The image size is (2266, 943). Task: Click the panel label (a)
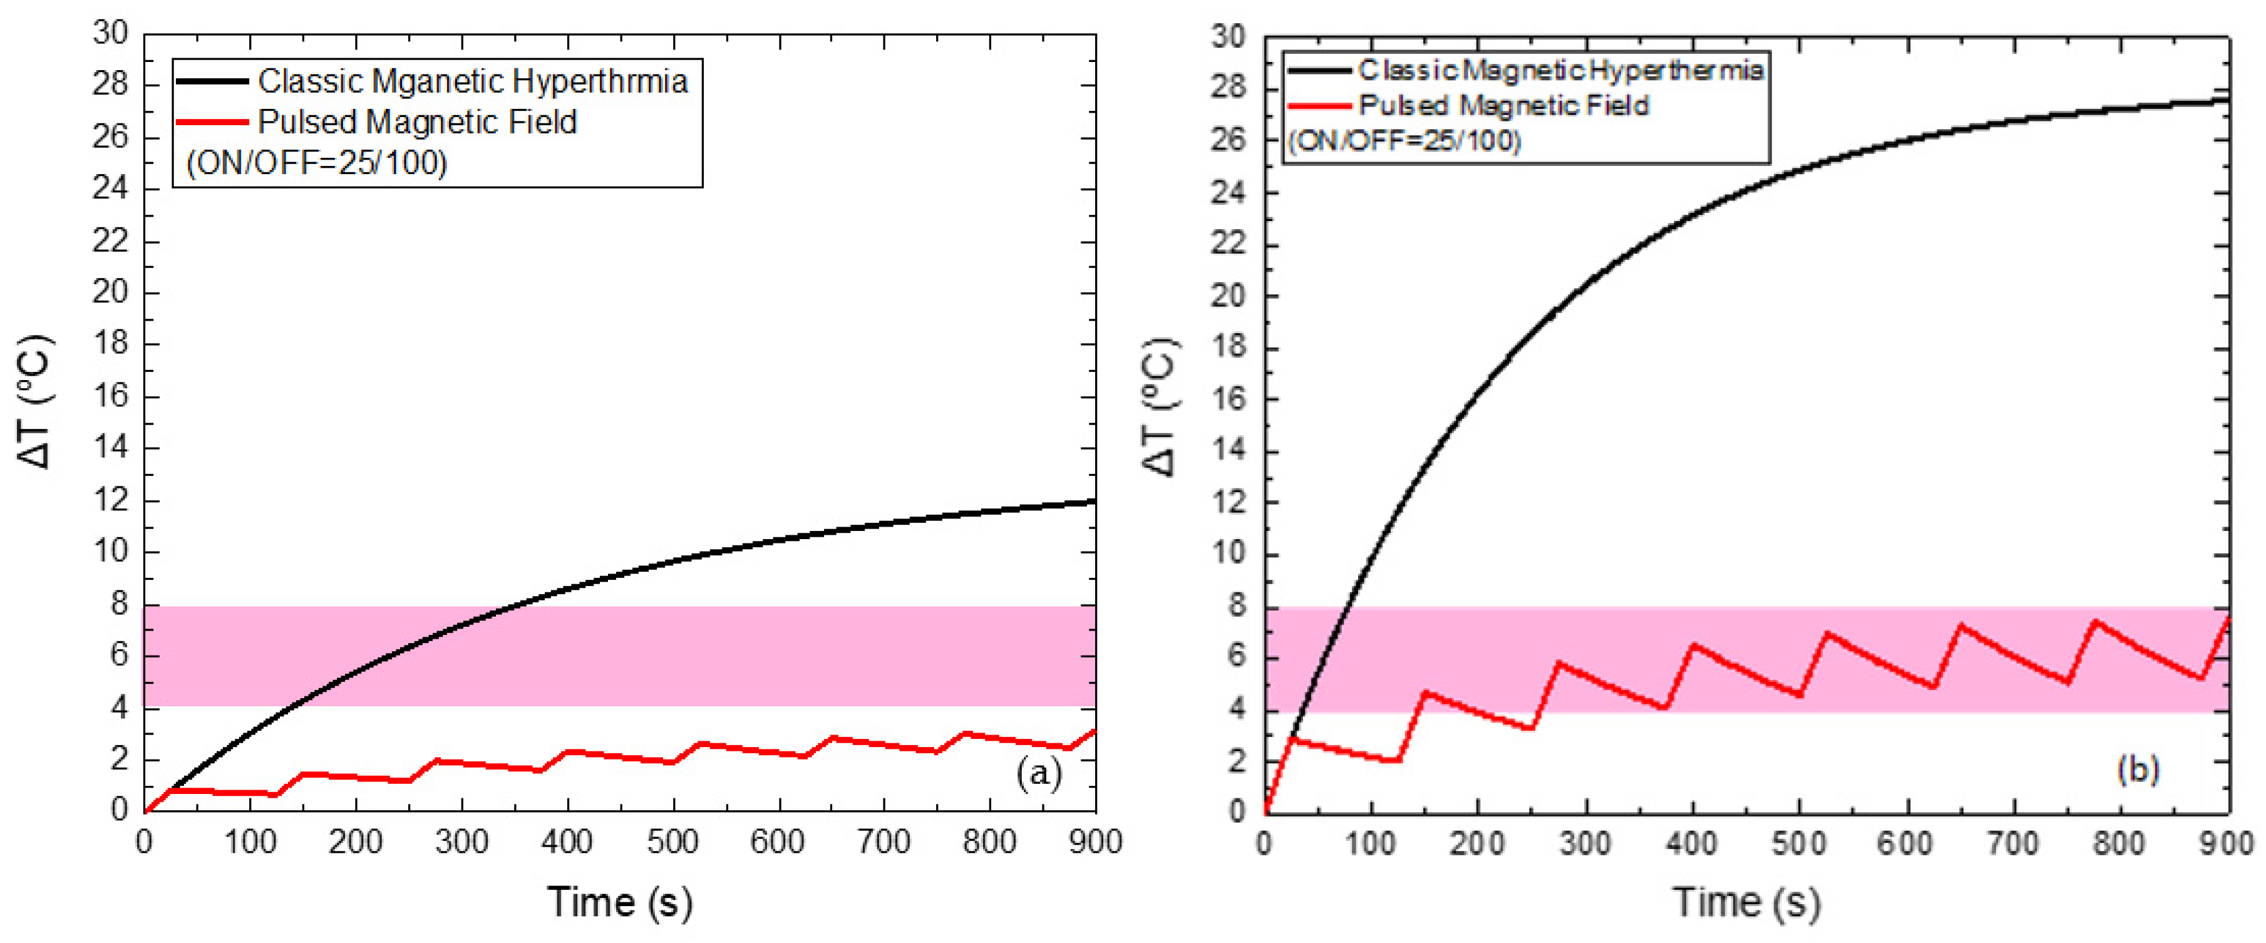(1038, 773)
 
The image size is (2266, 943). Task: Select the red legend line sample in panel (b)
(1318, 106)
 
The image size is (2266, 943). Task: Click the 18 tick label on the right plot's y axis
(1229, 348)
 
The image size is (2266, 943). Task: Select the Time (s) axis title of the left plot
(619, 902)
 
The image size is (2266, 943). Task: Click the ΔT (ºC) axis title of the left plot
(37, 401)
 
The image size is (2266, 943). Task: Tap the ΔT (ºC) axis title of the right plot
(1160, 406)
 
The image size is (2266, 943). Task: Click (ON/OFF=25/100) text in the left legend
(317, 163)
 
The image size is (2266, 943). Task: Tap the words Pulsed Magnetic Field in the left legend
(417, 122)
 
